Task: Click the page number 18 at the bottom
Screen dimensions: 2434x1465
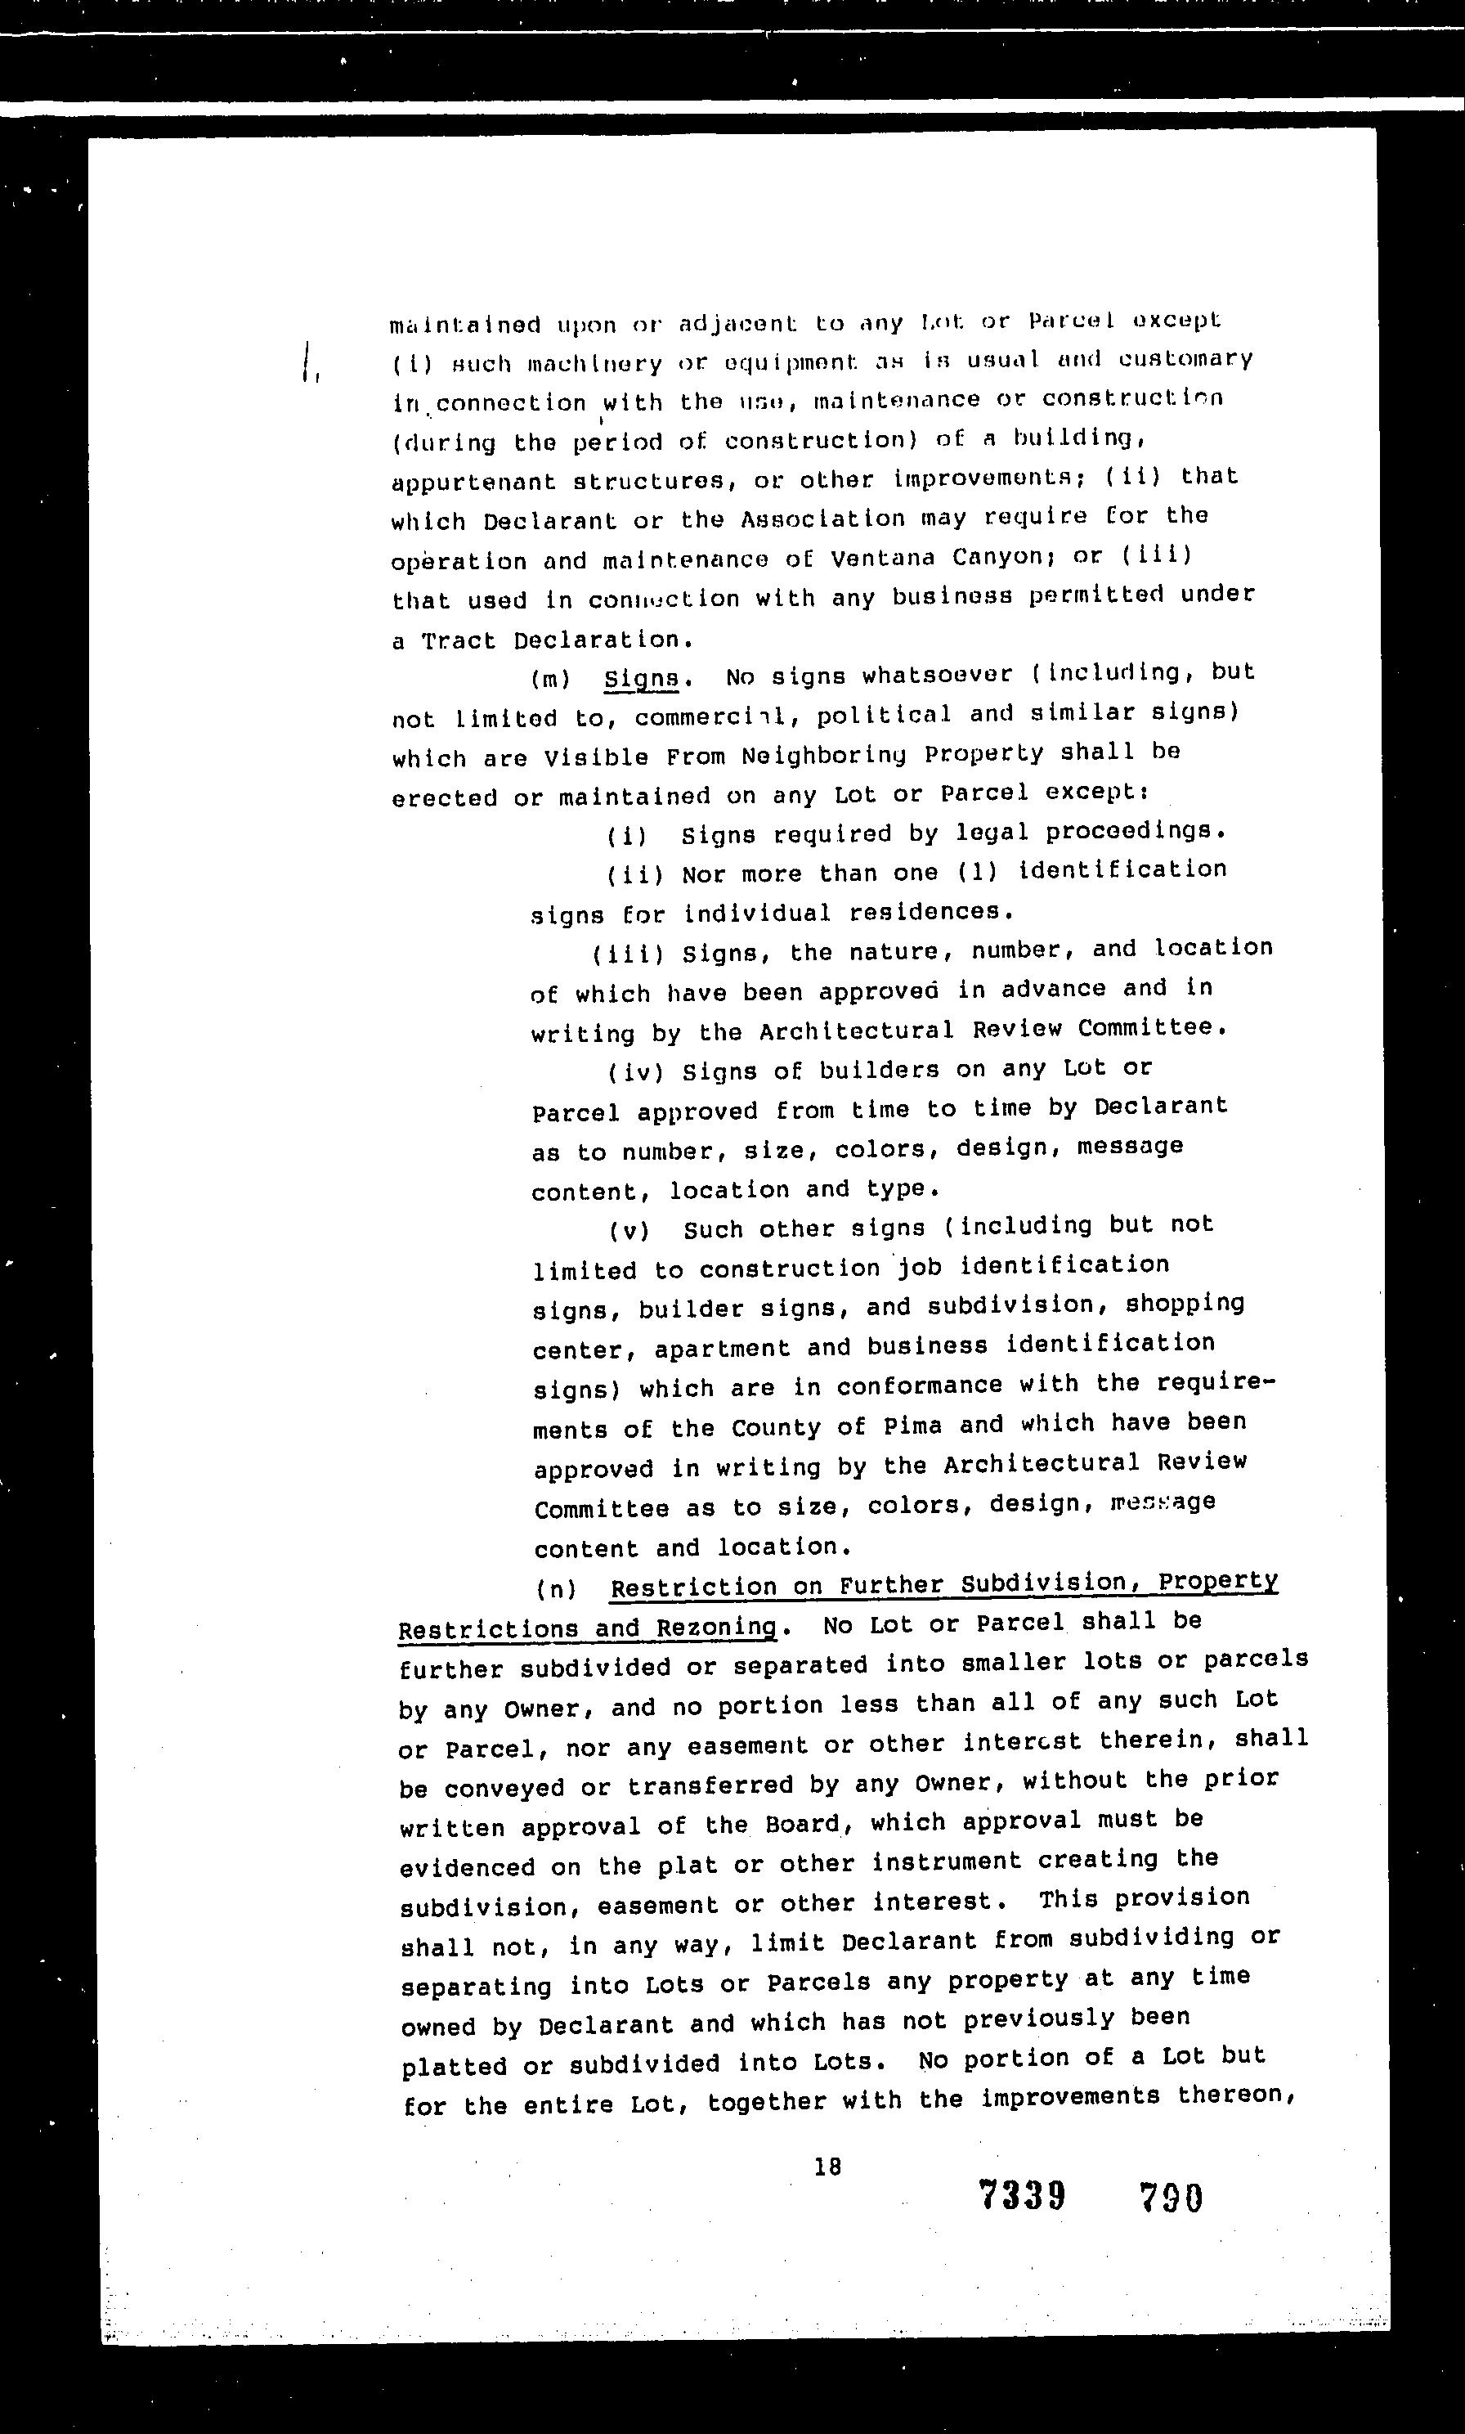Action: (827, 2166)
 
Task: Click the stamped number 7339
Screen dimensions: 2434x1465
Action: (1022, 2196)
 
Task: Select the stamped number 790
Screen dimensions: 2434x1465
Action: (1171, 2198)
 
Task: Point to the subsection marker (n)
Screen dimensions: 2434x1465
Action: (557, 1587)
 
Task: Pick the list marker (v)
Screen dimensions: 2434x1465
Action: (629, 1230)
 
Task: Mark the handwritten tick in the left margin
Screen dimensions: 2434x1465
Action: (309, 362)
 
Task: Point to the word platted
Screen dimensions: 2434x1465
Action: (453, 2066)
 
